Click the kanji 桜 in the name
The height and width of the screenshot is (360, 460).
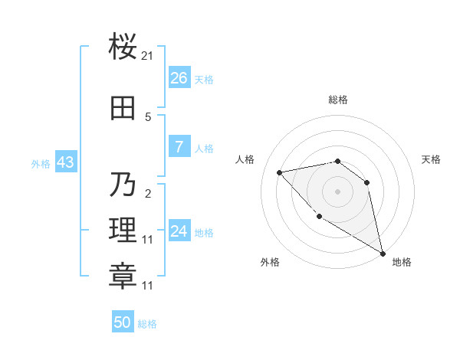click(123, 47)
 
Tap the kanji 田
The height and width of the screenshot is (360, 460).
click(123, 109)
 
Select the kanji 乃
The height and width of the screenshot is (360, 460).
click(123, 185)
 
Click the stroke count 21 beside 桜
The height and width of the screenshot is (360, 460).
click(148, 56)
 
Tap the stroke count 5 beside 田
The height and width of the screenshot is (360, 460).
click(148, 117)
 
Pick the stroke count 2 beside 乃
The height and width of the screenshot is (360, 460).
click(148, 193)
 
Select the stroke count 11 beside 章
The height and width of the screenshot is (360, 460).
click(148, 285)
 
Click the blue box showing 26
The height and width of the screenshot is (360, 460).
click(179, 78)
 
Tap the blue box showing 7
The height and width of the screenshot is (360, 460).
click(179, 147)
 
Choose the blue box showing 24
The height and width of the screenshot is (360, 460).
click(179, 231)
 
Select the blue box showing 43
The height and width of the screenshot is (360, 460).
click(64, 162)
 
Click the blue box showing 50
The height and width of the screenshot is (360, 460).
click(123, 322)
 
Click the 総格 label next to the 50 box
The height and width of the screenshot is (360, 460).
click(147, 324)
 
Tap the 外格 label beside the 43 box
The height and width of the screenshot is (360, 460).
click(41, 163)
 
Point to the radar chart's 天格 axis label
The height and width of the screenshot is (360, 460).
click(431, 159)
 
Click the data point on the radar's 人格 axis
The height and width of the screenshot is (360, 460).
click(280, 172)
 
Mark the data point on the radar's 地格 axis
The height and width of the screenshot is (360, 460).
click(383, 254)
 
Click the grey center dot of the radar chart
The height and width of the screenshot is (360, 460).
click(337, 191)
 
